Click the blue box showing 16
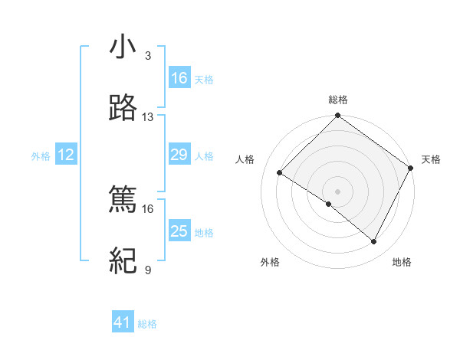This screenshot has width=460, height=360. point(179,78)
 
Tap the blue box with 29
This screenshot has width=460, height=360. point(179,155)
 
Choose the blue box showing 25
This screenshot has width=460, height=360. point(179,231)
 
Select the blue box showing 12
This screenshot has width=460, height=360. point(66,155)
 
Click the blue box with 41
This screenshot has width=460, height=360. point(123,323)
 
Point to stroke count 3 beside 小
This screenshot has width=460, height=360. point(148,56)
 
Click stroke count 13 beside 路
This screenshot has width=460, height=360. point(148,117)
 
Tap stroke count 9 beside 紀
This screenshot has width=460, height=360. point(148,270)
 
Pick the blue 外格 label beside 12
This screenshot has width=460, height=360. point(41,156)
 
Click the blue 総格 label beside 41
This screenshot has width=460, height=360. point(147,325)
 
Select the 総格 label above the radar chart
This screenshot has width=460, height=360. point(338,100)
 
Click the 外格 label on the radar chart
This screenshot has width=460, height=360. point(270,262)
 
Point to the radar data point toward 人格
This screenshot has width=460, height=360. point(281,172)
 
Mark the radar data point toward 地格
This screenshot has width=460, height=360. point(374,242)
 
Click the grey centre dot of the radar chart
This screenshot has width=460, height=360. point(338,191)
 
